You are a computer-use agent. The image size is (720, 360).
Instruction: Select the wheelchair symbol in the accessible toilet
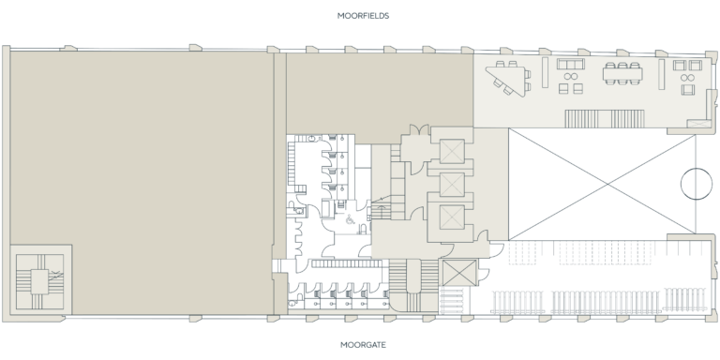(x=349, y=221)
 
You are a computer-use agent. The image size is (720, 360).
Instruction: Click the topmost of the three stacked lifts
(x=451, y=150)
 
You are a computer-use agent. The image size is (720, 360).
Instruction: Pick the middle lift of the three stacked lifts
(x=451, y=184)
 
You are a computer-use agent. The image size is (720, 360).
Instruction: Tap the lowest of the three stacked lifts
(x=451, y=217)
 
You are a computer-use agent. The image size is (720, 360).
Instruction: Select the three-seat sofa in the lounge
(x=569, y=67)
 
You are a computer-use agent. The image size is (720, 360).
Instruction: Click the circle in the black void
(x=696, y=181)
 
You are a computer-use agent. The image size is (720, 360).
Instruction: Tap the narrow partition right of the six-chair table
(x=661, y=76)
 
